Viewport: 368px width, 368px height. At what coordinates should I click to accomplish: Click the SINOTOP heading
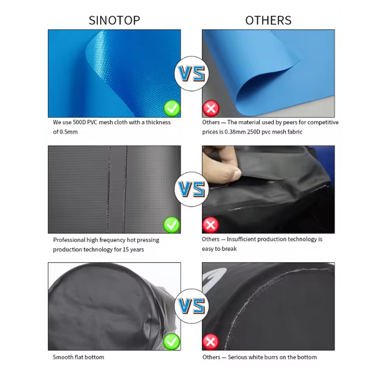pos(114,20)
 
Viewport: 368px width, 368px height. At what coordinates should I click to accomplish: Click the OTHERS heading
pos(268,20)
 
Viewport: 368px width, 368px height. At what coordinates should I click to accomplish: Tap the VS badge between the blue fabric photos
pos(191,74)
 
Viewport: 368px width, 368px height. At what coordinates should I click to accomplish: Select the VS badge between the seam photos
pos(191,189)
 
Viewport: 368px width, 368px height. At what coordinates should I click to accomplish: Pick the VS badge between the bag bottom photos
pos(191,306)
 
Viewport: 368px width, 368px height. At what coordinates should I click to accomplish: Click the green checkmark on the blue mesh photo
pos(172,108)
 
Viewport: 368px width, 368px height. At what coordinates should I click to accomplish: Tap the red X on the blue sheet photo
pos(211,108)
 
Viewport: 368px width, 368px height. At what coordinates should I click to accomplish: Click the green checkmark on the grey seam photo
pos(172,225)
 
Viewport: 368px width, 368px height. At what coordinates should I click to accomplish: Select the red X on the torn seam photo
pos(211,225)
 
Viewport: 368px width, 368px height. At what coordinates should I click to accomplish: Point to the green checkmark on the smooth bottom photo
pos(172,341)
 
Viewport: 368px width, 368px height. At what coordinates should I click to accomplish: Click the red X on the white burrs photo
pos(211,342)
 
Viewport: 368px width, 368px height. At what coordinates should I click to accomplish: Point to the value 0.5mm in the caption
pos(68,132)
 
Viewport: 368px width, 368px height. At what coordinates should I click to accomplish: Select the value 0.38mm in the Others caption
pos(235,132)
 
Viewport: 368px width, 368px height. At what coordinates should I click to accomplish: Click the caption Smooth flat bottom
pos(78,357)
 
